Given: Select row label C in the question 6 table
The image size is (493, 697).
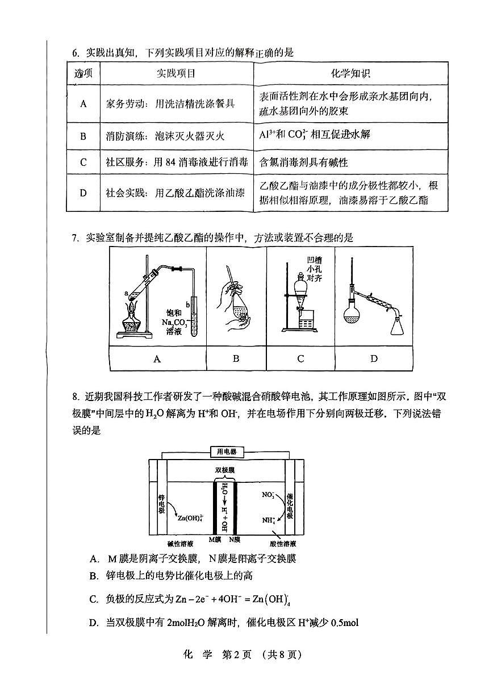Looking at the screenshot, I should pos(83,162).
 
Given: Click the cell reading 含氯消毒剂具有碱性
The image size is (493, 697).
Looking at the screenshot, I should pos(304,162).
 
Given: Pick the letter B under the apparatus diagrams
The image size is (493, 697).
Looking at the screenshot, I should pos(236,358).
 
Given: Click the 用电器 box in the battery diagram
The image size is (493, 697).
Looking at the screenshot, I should pos(227,452).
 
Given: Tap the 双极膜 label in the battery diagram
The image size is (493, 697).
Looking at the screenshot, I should pos(224,470).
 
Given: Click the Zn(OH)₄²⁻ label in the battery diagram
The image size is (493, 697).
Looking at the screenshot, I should pos(190,518).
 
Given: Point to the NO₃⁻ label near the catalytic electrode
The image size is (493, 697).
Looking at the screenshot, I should pos(268,495).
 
